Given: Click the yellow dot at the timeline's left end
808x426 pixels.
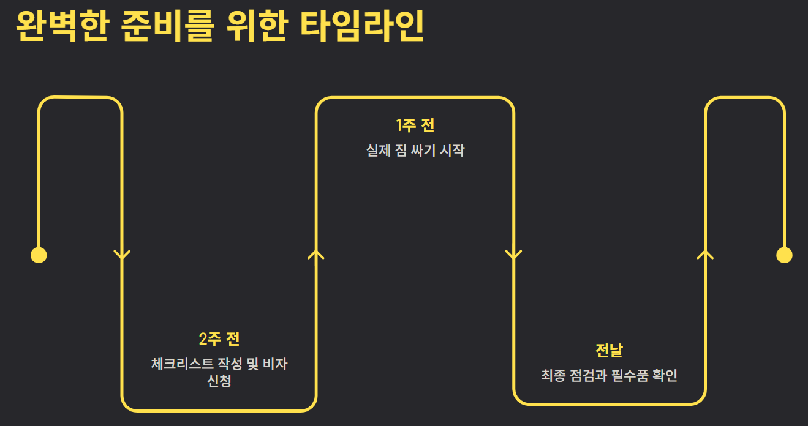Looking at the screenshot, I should (x=39, y=255).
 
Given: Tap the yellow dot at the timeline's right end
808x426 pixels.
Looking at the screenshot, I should (x=784, y=255).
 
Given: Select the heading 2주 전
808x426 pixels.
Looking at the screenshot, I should (x=219, y=338).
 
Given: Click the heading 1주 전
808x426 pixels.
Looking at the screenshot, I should (x=415, y=126).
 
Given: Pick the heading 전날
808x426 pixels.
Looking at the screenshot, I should (x=609, y=351).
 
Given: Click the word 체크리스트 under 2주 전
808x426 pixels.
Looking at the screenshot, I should (x=182, y=364).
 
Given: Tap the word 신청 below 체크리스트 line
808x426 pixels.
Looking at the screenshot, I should (x=219, y=381).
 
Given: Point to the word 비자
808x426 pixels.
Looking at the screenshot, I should (x=275, y=364).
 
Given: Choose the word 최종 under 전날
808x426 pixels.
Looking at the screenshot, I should (x=553, y=376).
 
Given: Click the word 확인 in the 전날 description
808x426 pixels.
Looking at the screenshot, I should (x=666, y=376).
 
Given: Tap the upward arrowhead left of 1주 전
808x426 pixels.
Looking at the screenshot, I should (x=316, y=255).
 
